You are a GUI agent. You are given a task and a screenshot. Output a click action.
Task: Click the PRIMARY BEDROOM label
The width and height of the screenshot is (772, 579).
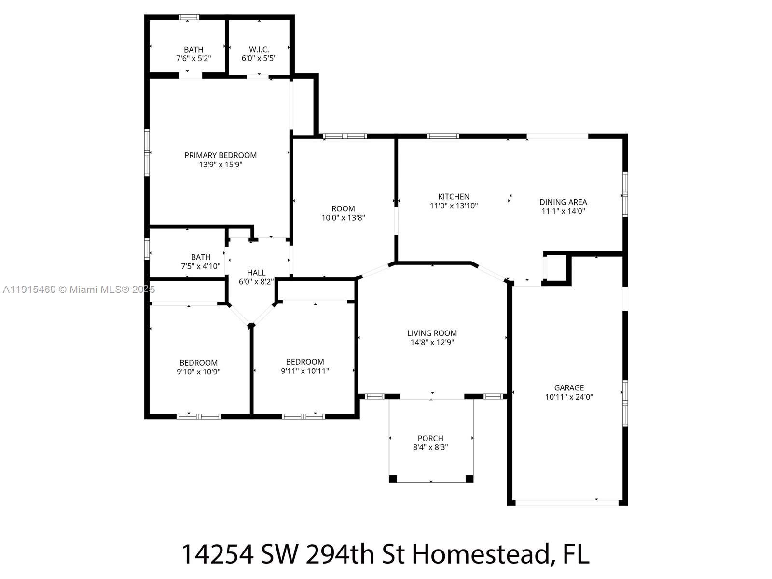pyautogui.click(x=221, y=155)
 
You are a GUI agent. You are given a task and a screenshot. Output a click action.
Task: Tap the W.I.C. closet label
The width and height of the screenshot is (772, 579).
pyautogui.click(x=259, y=50)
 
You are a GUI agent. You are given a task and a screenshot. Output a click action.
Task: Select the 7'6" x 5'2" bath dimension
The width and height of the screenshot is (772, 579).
pyautogui.click(x=193, y=58)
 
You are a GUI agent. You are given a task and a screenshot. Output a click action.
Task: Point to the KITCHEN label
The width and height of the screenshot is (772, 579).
pyautogui.click(x=454, y=197)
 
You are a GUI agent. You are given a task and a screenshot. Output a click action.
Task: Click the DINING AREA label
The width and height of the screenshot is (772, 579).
pyautogui.click(x=563, y=202)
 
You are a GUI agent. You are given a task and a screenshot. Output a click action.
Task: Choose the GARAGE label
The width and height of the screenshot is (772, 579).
pyautogui.click(x=569, y=388)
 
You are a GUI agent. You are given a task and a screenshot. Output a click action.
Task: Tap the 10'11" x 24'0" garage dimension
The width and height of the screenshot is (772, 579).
pyautogui.click(x=569, y=397)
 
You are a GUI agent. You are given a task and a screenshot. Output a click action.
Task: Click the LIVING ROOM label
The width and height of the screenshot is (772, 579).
pyautogui.click(x=432, y=333)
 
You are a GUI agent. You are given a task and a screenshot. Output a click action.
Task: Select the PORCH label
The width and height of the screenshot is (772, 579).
pyautogui.click(x=430, y=439)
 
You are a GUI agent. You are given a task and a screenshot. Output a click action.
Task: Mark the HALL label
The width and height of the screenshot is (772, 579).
pyautogui.click(x=256, y=273)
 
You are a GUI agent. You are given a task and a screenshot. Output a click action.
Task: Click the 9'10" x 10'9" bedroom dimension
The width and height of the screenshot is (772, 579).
pyautogui.click(x=198, y=372)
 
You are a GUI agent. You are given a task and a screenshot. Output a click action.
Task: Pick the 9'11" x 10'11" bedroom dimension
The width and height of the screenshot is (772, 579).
pyautogui.click(x=305, y=371)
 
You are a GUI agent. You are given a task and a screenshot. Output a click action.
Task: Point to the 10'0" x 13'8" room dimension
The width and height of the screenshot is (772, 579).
pyautogui.click(x=343, y=218)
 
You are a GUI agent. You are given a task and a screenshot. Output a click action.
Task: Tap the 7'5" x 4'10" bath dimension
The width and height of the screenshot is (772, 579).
pyautogui.click(x=200, y=266)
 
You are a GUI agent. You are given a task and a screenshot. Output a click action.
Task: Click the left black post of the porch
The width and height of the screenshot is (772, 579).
pyautogui.click(x=393, y=479)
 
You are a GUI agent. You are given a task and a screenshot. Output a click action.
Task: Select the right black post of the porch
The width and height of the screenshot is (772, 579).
pyautogui.click(x=469, y=479)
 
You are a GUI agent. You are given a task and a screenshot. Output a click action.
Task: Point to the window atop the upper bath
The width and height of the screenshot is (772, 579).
pyautogui.click(x=189, y=18)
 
